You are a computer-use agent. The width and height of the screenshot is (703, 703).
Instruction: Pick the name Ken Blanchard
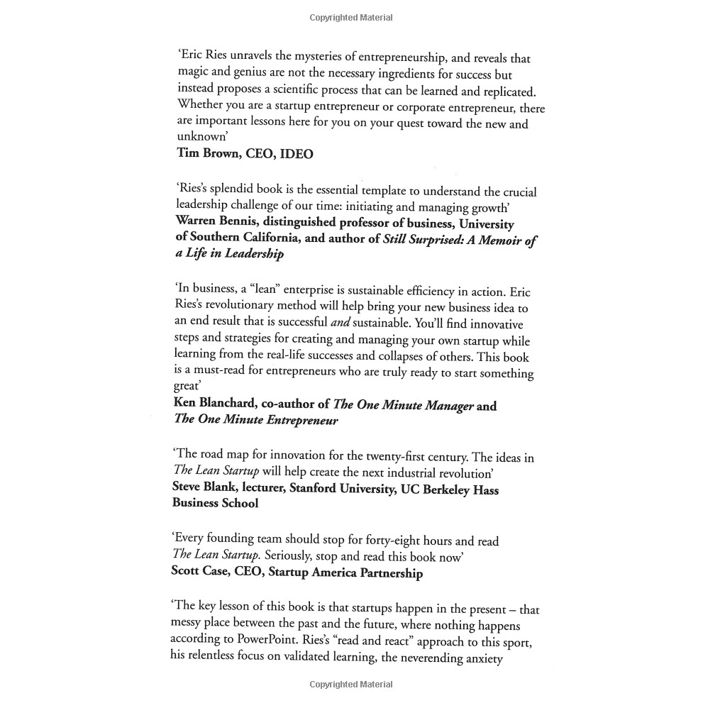tap(214, 404)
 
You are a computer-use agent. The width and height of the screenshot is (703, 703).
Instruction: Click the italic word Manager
tap(444, 406)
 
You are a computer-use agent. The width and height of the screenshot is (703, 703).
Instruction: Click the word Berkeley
tap(439, 489)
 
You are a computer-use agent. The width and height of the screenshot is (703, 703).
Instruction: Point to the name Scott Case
tap(200, 572)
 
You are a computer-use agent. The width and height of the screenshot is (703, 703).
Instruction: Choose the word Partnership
tap(388, 572)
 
